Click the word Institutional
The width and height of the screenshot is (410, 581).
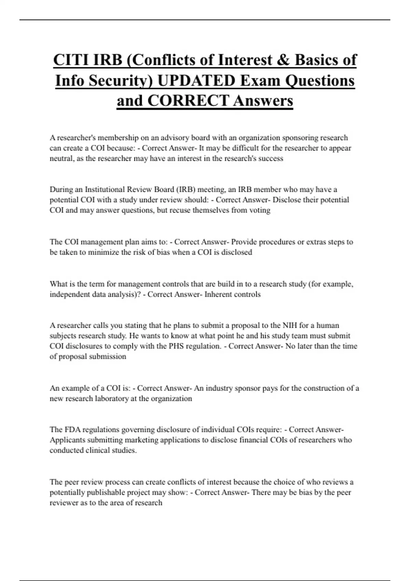point(105,189)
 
